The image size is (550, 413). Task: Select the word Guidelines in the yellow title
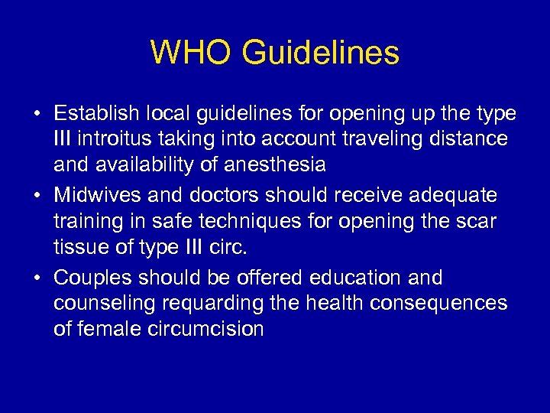coord(320,53)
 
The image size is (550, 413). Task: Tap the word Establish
coord(96,114)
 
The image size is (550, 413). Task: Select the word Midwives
coord(98,196)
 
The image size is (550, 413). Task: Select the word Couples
coord(92,278)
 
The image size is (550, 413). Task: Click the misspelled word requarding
coord(207,304)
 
